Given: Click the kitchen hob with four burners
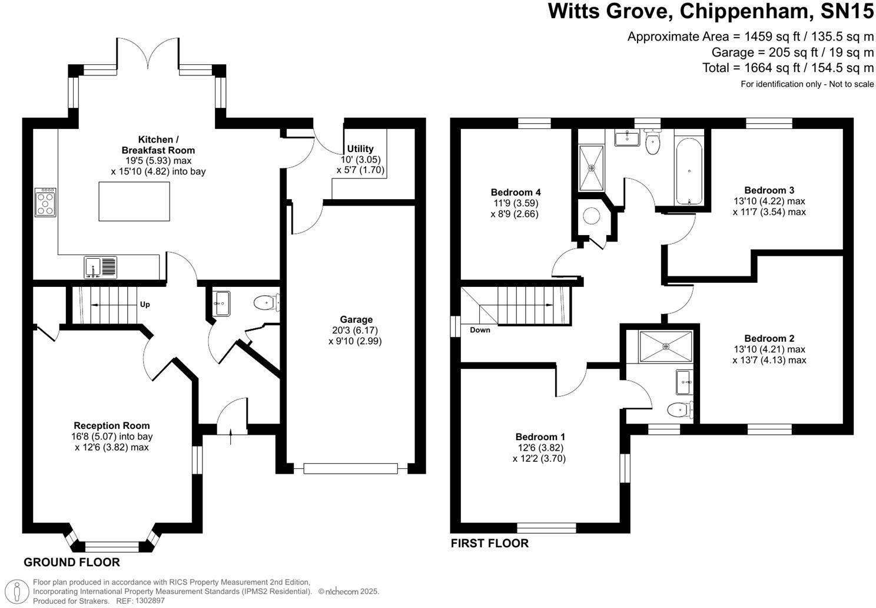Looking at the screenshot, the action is pyautogui.click(x=45, y=202).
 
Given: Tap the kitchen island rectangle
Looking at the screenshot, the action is pyautogui.click(x=134, y=201).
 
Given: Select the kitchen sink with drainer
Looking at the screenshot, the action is pyautogui.click(x=101, y=267).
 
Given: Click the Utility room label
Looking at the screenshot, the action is pyautogui.click(x=360, y=148).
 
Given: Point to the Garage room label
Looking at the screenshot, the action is pyautogui.click(x=356, y=319).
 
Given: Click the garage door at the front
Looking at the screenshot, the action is pyautogui.click(x=350, y=468).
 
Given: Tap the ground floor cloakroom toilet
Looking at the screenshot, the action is pyautogui.click(x=267, y=302).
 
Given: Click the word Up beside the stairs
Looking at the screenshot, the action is pyautogui.click(x=145, y=305).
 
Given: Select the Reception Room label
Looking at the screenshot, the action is pyautogui.click(x=112, y=425).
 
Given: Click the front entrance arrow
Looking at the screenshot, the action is pyautogui.click(x=231, y=437).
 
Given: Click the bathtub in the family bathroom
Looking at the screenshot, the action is pyautogui.click(x=689, y=171).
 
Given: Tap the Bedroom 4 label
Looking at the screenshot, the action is pyautogui.click(x=516, y=192).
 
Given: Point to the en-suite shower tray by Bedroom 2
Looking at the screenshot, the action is pyautogui.click(x=666, y=346).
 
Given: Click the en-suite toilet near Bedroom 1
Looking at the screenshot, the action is pyautogui.click(x=680, y=409).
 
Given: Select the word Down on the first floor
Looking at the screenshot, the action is pyautogui.click(x=480, y=330).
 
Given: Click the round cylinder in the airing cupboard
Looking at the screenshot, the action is pyautogui.click(x=591, y=216).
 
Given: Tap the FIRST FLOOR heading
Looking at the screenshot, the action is pyautogui.click(x=490, y=543).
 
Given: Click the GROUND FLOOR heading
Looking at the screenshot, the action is pyautogui.click(x=72, y=562).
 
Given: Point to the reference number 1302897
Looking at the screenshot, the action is pyautogui.click(x=150, y=600).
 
